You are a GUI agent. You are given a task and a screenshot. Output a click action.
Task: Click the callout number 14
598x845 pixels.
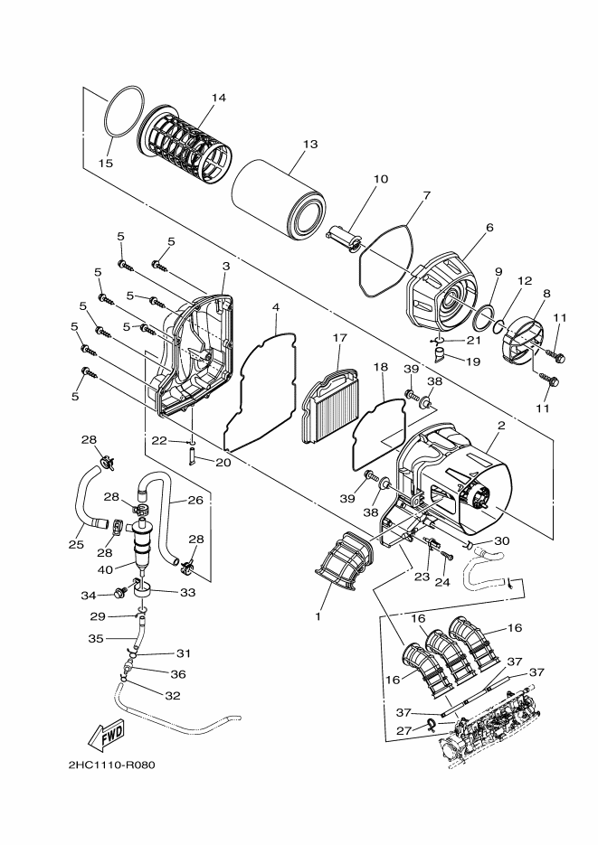[x=218, y=98]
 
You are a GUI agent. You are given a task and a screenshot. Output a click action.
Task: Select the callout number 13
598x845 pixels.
[x=310, y=145]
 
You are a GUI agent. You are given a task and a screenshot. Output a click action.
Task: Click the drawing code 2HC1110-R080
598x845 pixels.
[x=111, y=765]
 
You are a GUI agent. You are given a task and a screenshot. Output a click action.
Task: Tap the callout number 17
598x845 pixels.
[x=339, y=338]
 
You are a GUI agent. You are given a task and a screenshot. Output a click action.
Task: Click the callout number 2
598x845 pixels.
[x=500, y=424]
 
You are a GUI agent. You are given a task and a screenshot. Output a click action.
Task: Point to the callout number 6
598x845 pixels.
[x=489, y=228]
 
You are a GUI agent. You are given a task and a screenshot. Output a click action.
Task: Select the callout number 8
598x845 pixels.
[x=546, y=293]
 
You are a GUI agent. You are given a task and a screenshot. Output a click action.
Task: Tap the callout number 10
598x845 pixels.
[x=380, y=179]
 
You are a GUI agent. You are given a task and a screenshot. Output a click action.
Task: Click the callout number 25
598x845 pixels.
[x=76, y=545]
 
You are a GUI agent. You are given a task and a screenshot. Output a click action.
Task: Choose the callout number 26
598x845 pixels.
[x=195, y=500]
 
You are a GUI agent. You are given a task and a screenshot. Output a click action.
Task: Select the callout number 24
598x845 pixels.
[x=443, y=583]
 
